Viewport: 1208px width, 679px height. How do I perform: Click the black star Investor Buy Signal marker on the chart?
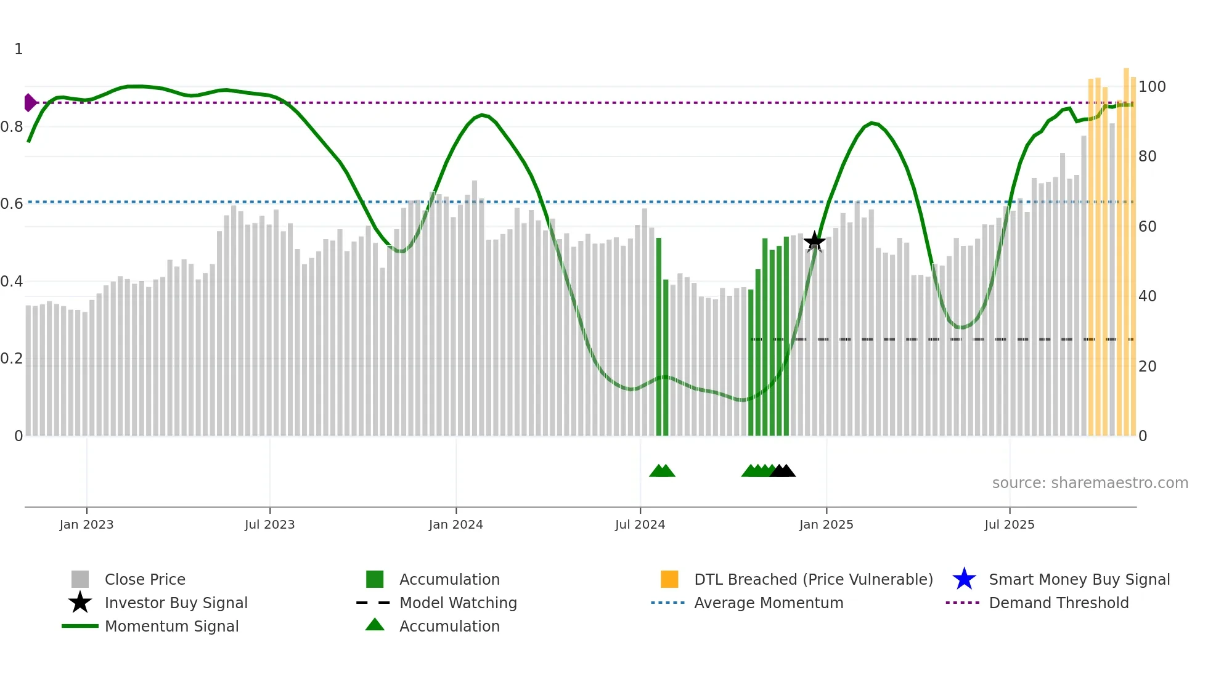point(814,241)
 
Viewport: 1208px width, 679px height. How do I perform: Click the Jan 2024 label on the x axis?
point(455,524)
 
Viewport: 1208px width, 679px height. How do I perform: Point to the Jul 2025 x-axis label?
point(1009,524)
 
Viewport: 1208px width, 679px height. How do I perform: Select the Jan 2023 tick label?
point(86,524)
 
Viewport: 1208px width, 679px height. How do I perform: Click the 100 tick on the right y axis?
point(1151,87)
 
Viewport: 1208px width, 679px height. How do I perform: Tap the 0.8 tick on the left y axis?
point(11,127)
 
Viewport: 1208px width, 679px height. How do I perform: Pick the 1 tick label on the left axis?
point(18,49)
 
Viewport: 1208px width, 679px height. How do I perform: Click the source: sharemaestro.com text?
point(1090,483)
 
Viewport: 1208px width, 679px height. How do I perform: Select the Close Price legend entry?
point(145,579)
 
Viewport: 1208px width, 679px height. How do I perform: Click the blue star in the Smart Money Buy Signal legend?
point(964,579)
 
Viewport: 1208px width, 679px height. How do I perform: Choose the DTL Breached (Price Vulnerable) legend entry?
point(813,579)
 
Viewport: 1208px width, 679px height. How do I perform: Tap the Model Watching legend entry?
point(458,603)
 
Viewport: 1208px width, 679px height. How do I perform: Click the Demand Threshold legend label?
point(1058,603)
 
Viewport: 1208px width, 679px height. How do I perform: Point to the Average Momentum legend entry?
point(769,603)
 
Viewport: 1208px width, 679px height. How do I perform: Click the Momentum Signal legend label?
point(171,626)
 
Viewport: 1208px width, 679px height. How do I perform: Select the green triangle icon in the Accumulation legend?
point(375,625)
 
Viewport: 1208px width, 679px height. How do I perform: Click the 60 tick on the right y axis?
point(1147,227)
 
